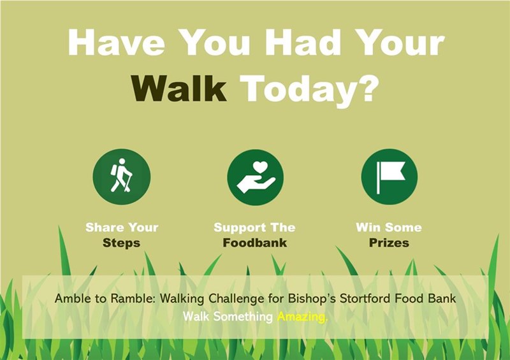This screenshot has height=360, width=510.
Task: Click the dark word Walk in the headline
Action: point(179,89)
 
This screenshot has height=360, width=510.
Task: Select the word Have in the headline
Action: point(116,43)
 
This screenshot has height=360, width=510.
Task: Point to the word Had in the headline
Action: point(303,42)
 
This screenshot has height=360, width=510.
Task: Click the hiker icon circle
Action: point(122,176)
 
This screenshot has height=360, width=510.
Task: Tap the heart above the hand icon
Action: point(260,167)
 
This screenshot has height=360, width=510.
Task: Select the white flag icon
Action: point(391,177)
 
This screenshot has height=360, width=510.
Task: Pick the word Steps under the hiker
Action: point(121,243)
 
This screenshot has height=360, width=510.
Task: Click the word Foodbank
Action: point(254,243)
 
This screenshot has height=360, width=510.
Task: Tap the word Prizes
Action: point(389,243)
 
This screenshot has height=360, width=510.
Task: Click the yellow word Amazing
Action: point(302,317)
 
